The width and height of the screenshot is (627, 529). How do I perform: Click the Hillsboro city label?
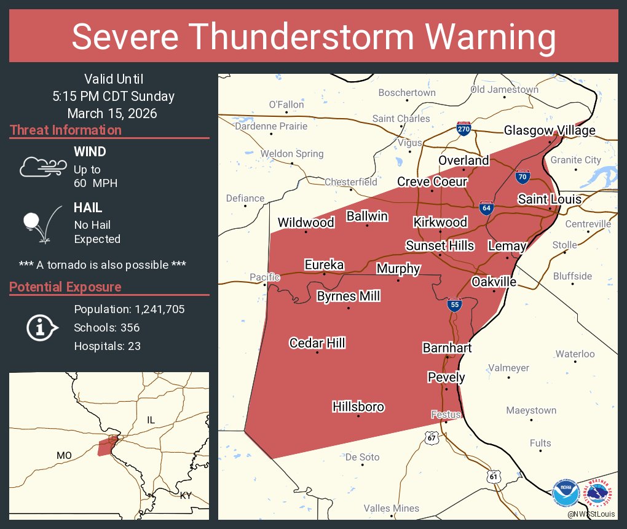tap(358, 407)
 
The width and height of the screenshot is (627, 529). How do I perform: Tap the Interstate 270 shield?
tap(464, 129)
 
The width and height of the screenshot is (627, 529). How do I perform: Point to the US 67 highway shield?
tap(432, 437)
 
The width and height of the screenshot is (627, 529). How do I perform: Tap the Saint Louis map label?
tap(549, 199)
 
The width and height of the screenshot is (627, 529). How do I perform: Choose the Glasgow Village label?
tap(550, 130)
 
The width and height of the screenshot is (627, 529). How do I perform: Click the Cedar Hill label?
tap(317, 343)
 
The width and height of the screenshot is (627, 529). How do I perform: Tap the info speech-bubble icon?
tap(41, 327)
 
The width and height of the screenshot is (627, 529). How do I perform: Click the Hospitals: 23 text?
tap(107, 346)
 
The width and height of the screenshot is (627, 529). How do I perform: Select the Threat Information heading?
tap(66, 130)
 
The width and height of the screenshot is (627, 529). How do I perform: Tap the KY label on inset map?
tap(186, 495)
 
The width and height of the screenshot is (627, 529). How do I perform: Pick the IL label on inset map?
tap(151, 420)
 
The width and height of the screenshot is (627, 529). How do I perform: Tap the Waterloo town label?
tap(575, 354)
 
